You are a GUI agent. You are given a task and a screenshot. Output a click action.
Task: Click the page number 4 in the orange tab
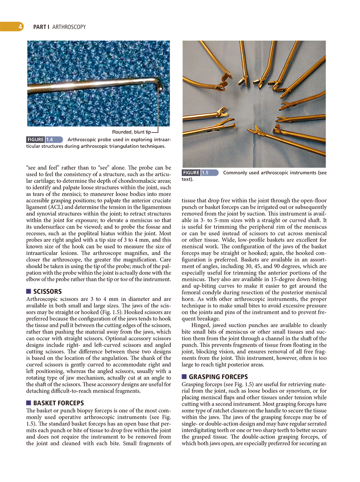[19, 27]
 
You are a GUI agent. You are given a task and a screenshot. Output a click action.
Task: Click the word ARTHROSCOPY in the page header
[69, 27]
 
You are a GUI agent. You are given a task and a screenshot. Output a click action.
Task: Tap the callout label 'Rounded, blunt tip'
[131, 132]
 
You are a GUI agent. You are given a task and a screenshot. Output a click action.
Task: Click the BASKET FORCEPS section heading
[59, 403]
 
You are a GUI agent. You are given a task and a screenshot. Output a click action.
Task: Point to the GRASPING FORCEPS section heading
[218, 377]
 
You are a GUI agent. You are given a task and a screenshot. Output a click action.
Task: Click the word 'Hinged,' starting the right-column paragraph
[201, 325]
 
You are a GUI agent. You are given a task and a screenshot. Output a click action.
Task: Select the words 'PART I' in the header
[41, 27]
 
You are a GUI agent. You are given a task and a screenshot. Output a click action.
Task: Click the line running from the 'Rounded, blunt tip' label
[159, 112]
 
